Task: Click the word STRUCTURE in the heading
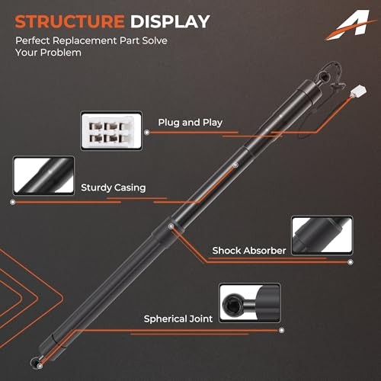point(69,21)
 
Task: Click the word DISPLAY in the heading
point(170,21)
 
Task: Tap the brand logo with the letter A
point(351,24)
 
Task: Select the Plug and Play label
point(190,123)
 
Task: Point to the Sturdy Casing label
point(114,187)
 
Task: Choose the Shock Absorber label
point(249,251)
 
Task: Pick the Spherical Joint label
point(178,319)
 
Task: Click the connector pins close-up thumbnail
point(111,131)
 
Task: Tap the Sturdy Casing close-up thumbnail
point(43,176)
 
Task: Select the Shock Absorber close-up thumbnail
point(322,235)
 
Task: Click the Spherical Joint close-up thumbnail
point(250,303)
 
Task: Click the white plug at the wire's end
point(359,92)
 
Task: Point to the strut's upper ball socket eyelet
point(323,75)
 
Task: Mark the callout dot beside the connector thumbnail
point(147,133)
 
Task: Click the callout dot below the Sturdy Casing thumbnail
point(13,202)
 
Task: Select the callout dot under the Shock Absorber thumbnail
point(351,262)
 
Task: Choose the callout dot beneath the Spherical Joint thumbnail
point(281,330)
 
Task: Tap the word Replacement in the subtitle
point(85,41)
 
